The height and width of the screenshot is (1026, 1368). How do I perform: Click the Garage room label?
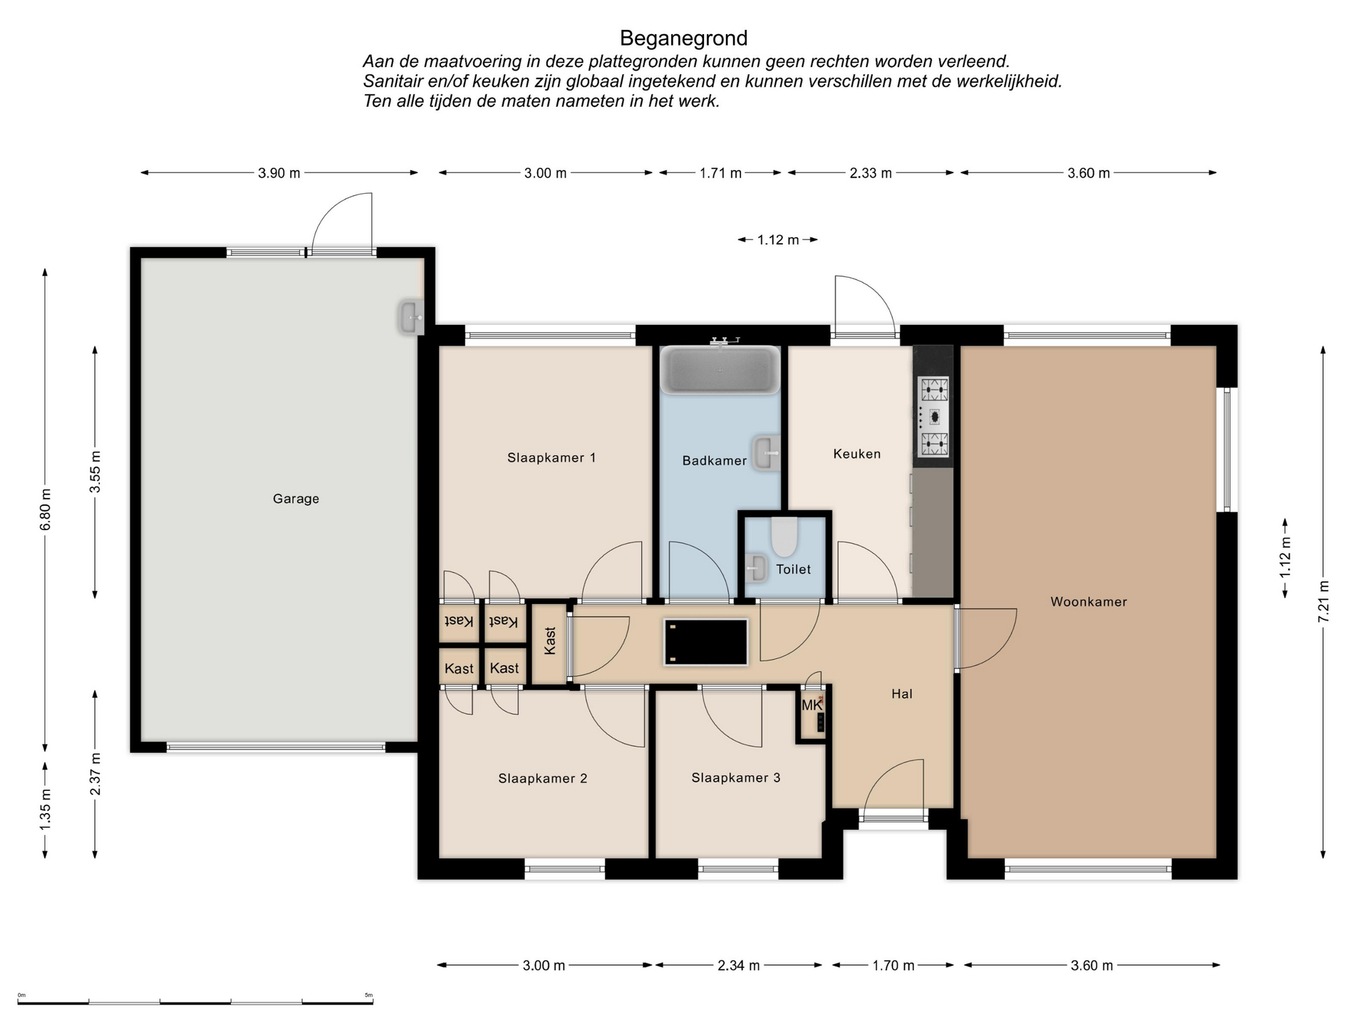tap(296, 499)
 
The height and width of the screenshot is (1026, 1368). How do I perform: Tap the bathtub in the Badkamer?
tap(720, 369)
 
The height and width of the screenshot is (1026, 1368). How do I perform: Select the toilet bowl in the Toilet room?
tap(784, 537)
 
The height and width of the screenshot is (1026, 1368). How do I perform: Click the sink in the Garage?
tap(410, 317)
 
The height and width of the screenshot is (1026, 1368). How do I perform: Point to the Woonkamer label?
tap(1089, 601)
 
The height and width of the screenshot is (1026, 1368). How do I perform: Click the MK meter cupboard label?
tap(811, 705)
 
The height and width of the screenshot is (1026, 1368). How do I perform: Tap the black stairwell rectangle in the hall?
tap(705, 642)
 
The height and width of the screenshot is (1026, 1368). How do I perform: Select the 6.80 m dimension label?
tap(46, 509)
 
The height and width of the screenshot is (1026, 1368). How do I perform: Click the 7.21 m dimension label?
tap(1323, 602)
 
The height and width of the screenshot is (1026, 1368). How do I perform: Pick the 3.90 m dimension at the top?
tap(279, 172)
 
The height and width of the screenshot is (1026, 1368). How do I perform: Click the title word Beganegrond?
tap(683, 38)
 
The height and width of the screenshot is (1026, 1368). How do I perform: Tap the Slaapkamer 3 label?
tap(736, 777)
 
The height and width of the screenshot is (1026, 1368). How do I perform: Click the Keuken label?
tap(857, 454)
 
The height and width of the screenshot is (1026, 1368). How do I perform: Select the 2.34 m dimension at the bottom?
tap(739, 965)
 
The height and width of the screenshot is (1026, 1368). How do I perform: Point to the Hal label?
tap(902, 694)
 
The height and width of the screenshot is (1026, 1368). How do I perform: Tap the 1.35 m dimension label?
tap(46, 809)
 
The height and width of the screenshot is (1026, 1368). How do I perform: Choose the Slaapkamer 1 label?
tap(551, 457)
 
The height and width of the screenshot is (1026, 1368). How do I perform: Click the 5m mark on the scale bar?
tap(368, 995)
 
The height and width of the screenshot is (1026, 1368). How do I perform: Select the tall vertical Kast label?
tap(550, 641)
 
